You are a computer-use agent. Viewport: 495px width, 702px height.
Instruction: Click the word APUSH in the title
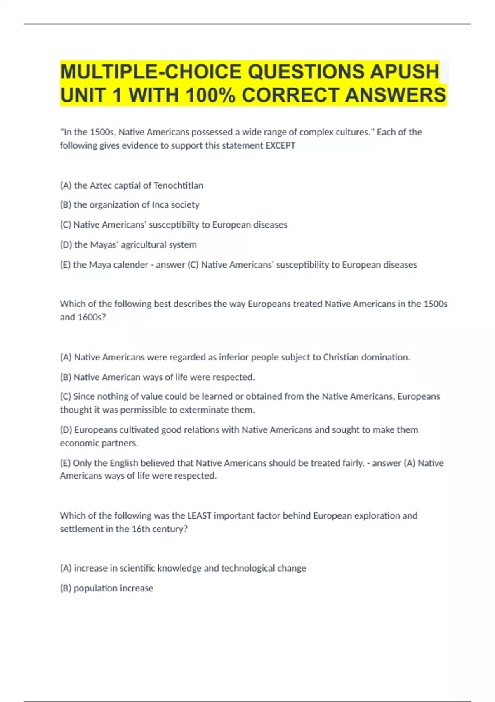pyautogui.click(x=404, y=71)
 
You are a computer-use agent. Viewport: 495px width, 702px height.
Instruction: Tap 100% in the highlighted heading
pyautogui.click(x=210, y=95)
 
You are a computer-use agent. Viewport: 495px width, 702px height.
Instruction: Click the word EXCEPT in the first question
pyautogui.click(x=280, y=145)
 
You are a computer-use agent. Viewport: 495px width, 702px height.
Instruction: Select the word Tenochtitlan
pyautogui.click(x=178, y=185)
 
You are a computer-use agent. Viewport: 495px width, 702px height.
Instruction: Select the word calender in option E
pyautogui.click(x=130, y=265)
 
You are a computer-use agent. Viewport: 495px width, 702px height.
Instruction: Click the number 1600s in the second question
pyautogui.click(x=92, y=317)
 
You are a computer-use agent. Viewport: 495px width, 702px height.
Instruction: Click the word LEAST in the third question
pyautogui.click(x=199, y=516)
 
